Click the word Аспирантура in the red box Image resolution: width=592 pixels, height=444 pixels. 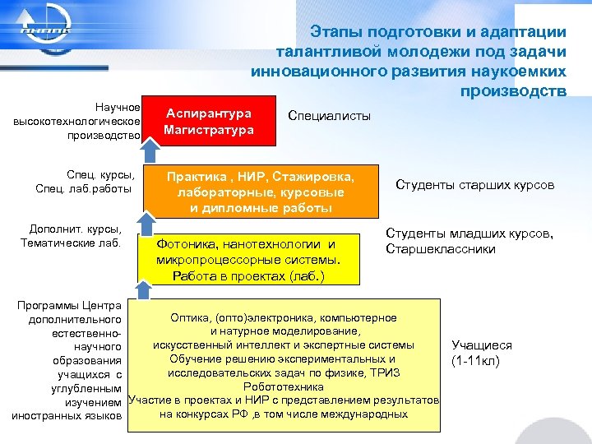point(209,113)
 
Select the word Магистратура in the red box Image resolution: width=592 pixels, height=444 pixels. point(209,130)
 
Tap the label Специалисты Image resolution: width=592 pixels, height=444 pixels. point(330,115)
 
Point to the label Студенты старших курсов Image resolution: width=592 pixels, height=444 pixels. point(474,185)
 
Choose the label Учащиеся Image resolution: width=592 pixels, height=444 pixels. point(482,346)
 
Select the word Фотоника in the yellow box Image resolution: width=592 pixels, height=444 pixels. point(187,244)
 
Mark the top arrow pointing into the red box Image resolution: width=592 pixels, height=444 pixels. point(149,148)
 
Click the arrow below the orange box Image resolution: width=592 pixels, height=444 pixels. point(145,222)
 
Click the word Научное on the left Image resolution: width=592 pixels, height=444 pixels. point(118,107)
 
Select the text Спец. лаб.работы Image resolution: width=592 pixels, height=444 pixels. point(85,190)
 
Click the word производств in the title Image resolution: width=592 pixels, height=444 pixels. point(514,89)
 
